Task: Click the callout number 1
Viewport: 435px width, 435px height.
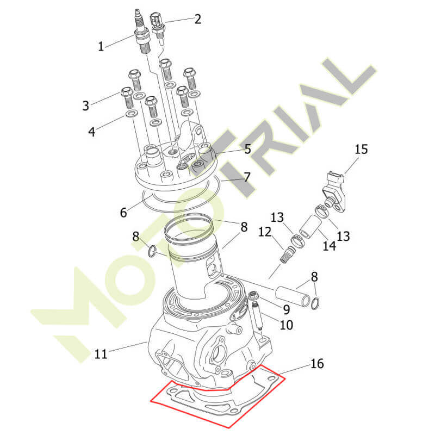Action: click(x=101, y=46)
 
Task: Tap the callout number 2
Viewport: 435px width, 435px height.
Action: click(x=197, y=20)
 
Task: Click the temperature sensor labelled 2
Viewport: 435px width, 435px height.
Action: click(x=158, y=29)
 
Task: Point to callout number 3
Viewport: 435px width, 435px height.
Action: click(x=86, y=105)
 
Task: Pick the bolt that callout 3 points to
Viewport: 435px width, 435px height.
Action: click(x=127, y=98)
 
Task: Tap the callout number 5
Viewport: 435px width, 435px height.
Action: click(x=247, y=149)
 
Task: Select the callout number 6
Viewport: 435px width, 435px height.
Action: click(x=123, y=213)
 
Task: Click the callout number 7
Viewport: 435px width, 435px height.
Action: click(x=247, y=177)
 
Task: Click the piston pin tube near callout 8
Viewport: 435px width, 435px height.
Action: click(x=293, y=297)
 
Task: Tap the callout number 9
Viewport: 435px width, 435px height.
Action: click(x=287, y=309)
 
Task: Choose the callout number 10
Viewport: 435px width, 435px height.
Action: click(x=287, y=325)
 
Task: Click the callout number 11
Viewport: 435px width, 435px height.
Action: click(x=101, y=354)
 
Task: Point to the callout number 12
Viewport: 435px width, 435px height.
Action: click(x=265, y=232)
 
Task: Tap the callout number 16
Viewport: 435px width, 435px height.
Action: click(x=317, y=363)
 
